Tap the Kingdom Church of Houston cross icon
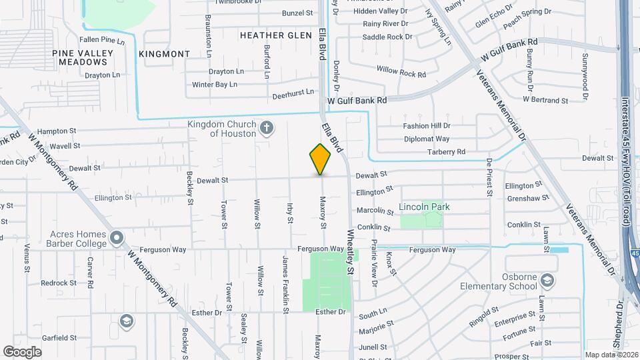click(x=267, y=127)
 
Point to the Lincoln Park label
click(x=424, y=207)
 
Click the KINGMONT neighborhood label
click(x=164, y=53)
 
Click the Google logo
click(x=23, y=351)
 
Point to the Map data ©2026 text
click(x=611, y=355)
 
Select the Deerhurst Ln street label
click(x=293, y=95)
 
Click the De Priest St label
click(x=489, y=177)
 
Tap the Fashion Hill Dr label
click(x=427, y=125)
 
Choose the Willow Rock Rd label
click(x=401, y=71)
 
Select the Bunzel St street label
click(x=297, y=13)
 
